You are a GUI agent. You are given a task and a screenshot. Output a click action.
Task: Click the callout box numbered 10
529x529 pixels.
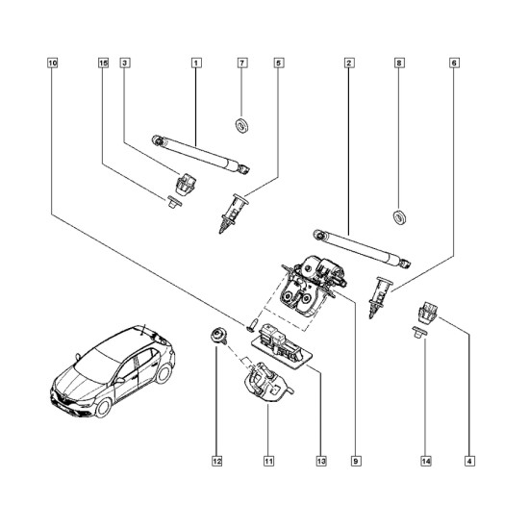[53, 63]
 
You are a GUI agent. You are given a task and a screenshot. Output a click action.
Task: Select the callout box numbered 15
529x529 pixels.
[104, 63]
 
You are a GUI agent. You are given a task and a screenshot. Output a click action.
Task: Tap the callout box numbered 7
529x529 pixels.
[242, 63]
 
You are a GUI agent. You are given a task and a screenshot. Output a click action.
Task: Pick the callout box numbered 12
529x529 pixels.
[217, 461]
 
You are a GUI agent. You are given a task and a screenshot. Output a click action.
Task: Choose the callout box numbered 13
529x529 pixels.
[321, 461]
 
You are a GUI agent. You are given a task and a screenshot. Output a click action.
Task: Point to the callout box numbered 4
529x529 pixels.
[469, 461]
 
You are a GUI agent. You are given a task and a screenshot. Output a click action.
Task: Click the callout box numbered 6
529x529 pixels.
[454, 63]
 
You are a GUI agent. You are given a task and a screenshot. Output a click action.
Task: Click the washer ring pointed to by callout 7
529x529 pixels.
[241, 125]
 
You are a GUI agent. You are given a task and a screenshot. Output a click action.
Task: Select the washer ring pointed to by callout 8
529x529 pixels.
[400, 217]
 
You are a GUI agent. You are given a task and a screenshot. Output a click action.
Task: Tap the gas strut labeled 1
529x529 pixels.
[201, 155]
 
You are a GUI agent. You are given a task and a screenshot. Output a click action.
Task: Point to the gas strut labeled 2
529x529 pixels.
[363, 249]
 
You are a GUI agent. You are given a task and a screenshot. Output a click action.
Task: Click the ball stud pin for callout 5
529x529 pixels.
[233, 214]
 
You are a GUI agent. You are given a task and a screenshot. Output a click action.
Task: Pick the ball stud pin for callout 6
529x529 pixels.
[381, 297]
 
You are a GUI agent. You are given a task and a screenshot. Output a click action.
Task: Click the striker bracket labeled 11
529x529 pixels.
[267, 382]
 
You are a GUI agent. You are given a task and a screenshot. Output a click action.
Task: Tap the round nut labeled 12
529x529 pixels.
[217, 336]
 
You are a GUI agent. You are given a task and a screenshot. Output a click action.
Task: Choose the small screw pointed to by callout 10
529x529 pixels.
[253, 324]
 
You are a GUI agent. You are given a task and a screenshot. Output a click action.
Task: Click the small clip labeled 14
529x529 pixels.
[419, 333]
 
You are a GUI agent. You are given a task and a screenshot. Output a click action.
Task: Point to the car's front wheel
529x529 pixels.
[103, 407]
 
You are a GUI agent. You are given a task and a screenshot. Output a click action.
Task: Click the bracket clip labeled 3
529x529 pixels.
[186, 185]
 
